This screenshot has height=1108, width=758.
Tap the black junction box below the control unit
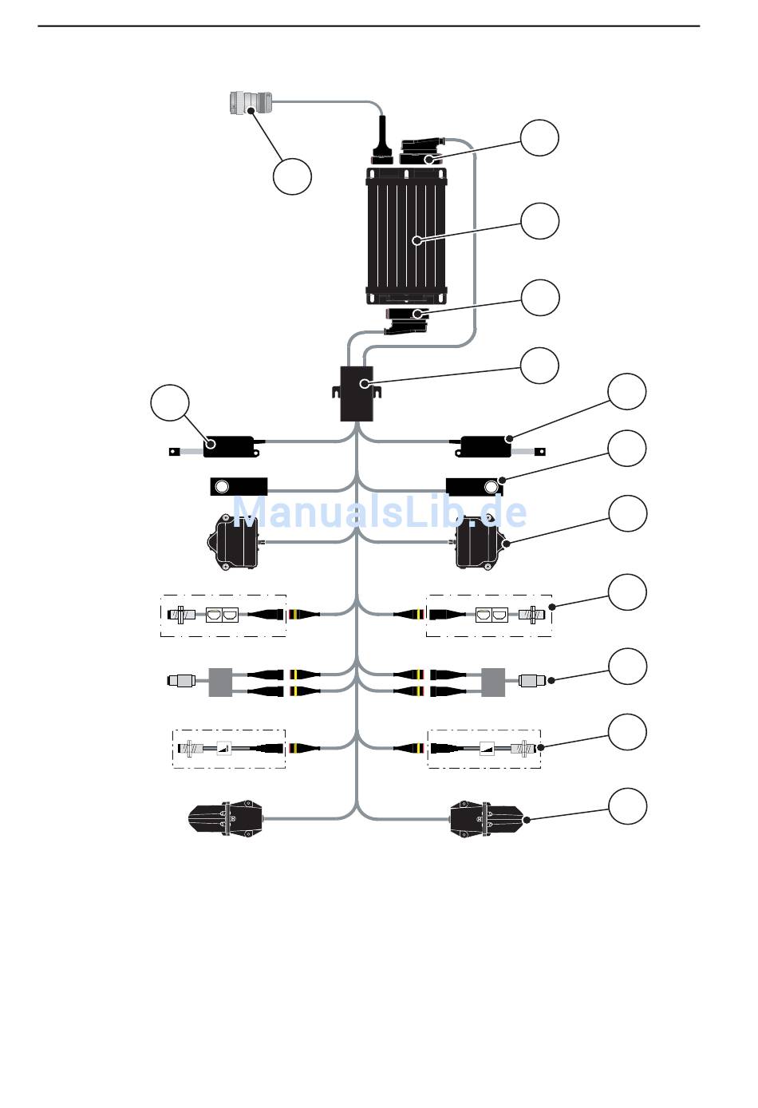357,393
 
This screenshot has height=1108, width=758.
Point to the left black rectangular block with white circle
239,485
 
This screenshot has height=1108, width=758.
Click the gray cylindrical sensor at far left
183,682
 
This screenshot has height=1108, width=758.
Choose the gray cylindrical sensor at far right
533,682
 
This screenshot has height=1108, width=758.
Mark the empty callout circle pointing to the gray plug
292,176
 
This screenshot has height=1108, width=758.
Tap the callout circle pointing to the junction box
539,365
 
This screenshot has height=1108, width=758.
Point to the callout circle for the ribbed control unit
539,220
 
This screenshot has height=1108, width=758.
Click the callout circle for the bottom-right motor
627,806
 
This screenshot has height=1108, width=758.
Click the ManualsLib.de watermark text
380,511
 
